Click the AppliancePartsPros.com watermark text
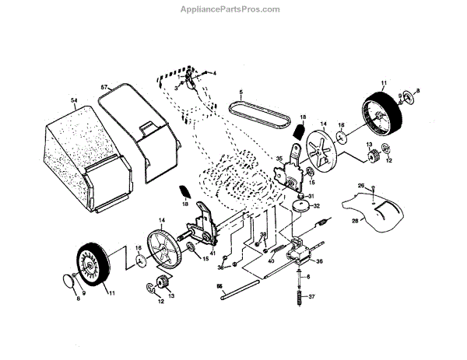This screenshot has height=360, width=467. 233,9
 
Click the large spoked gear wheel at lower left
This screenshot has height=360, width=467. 163,249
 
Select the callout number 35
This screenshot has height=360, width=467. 278,159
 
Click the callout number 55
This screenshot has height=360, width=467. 219,286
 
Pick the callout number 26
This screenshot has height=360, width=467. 360,184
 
